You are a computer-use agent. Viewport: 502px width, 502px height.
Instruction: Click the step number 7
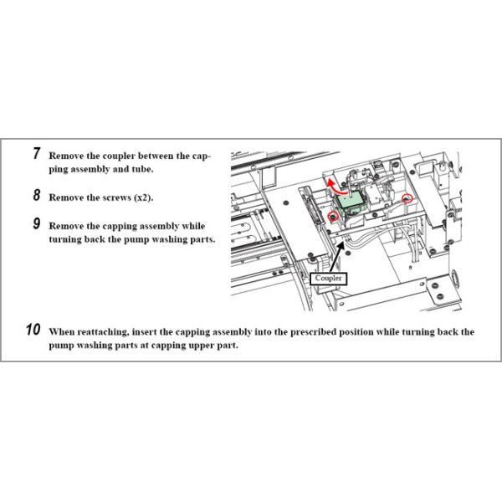point(37,153)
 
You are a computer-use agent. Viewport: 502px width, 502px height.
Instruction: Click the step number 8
point(37,195)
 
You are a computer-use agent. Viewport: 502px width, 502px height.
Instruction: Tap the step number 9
point(37,223)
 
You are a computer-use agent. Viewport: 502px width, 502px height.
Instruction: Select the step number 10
point(33,330)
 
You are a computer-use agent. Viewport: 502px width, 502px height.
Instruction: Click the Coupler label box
point(328,279)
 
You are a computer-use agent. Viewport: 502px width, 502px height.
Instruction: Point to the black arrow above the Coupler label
point(337,257)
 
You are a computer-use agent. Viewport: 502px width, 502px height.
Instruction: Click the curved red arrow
point(336,188)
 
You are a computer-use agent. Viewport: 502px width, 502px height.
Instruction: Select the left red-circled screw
point(333,217)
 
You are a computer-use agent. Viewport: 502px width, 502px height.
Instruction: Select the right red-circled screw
point(407,199)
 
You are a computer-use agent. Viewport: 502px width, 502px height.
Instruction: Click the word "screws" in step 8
point(117,197)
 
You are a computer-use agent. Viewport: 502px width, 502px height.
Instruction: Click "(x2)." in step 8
point(144,197)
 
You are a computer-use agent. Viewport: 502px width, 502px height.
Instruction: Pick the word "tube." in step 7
point(143,169)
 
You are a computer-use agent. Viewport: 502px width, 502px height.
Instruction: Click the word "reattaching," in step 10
point(103,332)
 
